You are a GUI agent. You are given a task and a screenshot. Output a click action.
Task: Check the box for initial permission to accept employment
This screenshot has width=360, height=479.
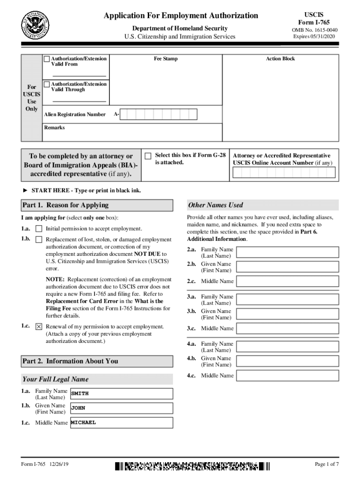(39, 229)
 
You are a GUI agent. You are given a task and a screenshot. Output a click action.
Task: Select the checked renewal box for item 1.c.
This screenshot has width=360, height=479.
(39, 327)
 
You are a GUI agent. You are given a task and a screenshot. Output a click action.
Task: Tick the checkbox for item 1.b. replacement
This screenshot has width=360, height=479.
(39, 239)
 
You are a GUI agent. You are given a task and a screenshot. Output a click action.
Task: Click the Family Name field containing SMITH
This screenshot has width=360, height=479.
(122, 394)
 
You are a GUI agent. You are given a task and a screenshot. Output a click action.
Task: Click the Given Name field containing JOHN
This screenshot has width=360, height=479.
(122, 408)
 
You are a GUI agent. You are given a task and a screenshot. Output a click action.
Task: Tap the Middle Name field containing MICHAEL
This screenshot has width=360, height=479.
(122, 423)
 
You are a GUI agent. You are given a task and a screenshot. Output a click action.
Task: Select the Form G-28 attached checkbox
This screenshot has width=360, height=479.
(148, 156)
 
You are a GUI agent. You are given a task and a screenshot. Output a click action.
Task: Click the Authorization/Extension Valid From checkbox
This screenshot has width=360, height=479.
(47, 59)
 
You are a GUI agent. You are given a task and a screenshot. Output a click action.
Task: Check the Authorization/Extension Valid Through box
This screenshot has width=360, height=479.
(47, 84)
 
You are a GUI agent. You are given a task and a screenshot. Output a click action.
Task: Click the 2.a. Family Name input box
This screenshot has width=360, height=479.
(287, 253)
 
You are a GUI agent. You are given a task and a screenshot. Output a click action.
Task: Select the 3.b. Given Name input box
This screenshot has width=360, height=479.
(287, 314)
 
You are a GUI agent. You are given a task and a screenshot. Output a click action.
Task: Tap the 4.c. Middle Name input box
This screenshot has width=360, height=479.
(287, 376)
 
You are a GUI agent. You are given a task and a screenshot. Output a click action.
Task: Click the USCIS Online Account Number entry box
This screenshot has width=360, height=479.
(284, 173)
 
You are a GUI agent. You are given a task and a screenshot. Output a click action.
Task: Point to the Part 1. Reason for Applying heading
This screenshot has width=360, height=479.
(65, 205)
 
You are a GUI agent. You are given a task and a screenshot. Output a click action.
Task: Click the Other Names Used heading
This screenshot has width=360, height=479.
(215, 205)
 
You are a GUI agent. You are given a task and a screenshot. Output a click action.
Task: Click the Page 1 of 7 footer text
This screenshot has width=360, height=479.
(327, 464)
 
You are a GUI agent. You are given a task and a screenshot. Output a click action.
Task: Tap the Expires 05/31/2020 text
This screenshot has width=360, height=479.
(314, 36)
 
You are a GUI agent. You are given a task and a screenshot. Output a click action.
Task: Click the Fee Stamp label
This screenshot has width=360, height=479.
(166, 59)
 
